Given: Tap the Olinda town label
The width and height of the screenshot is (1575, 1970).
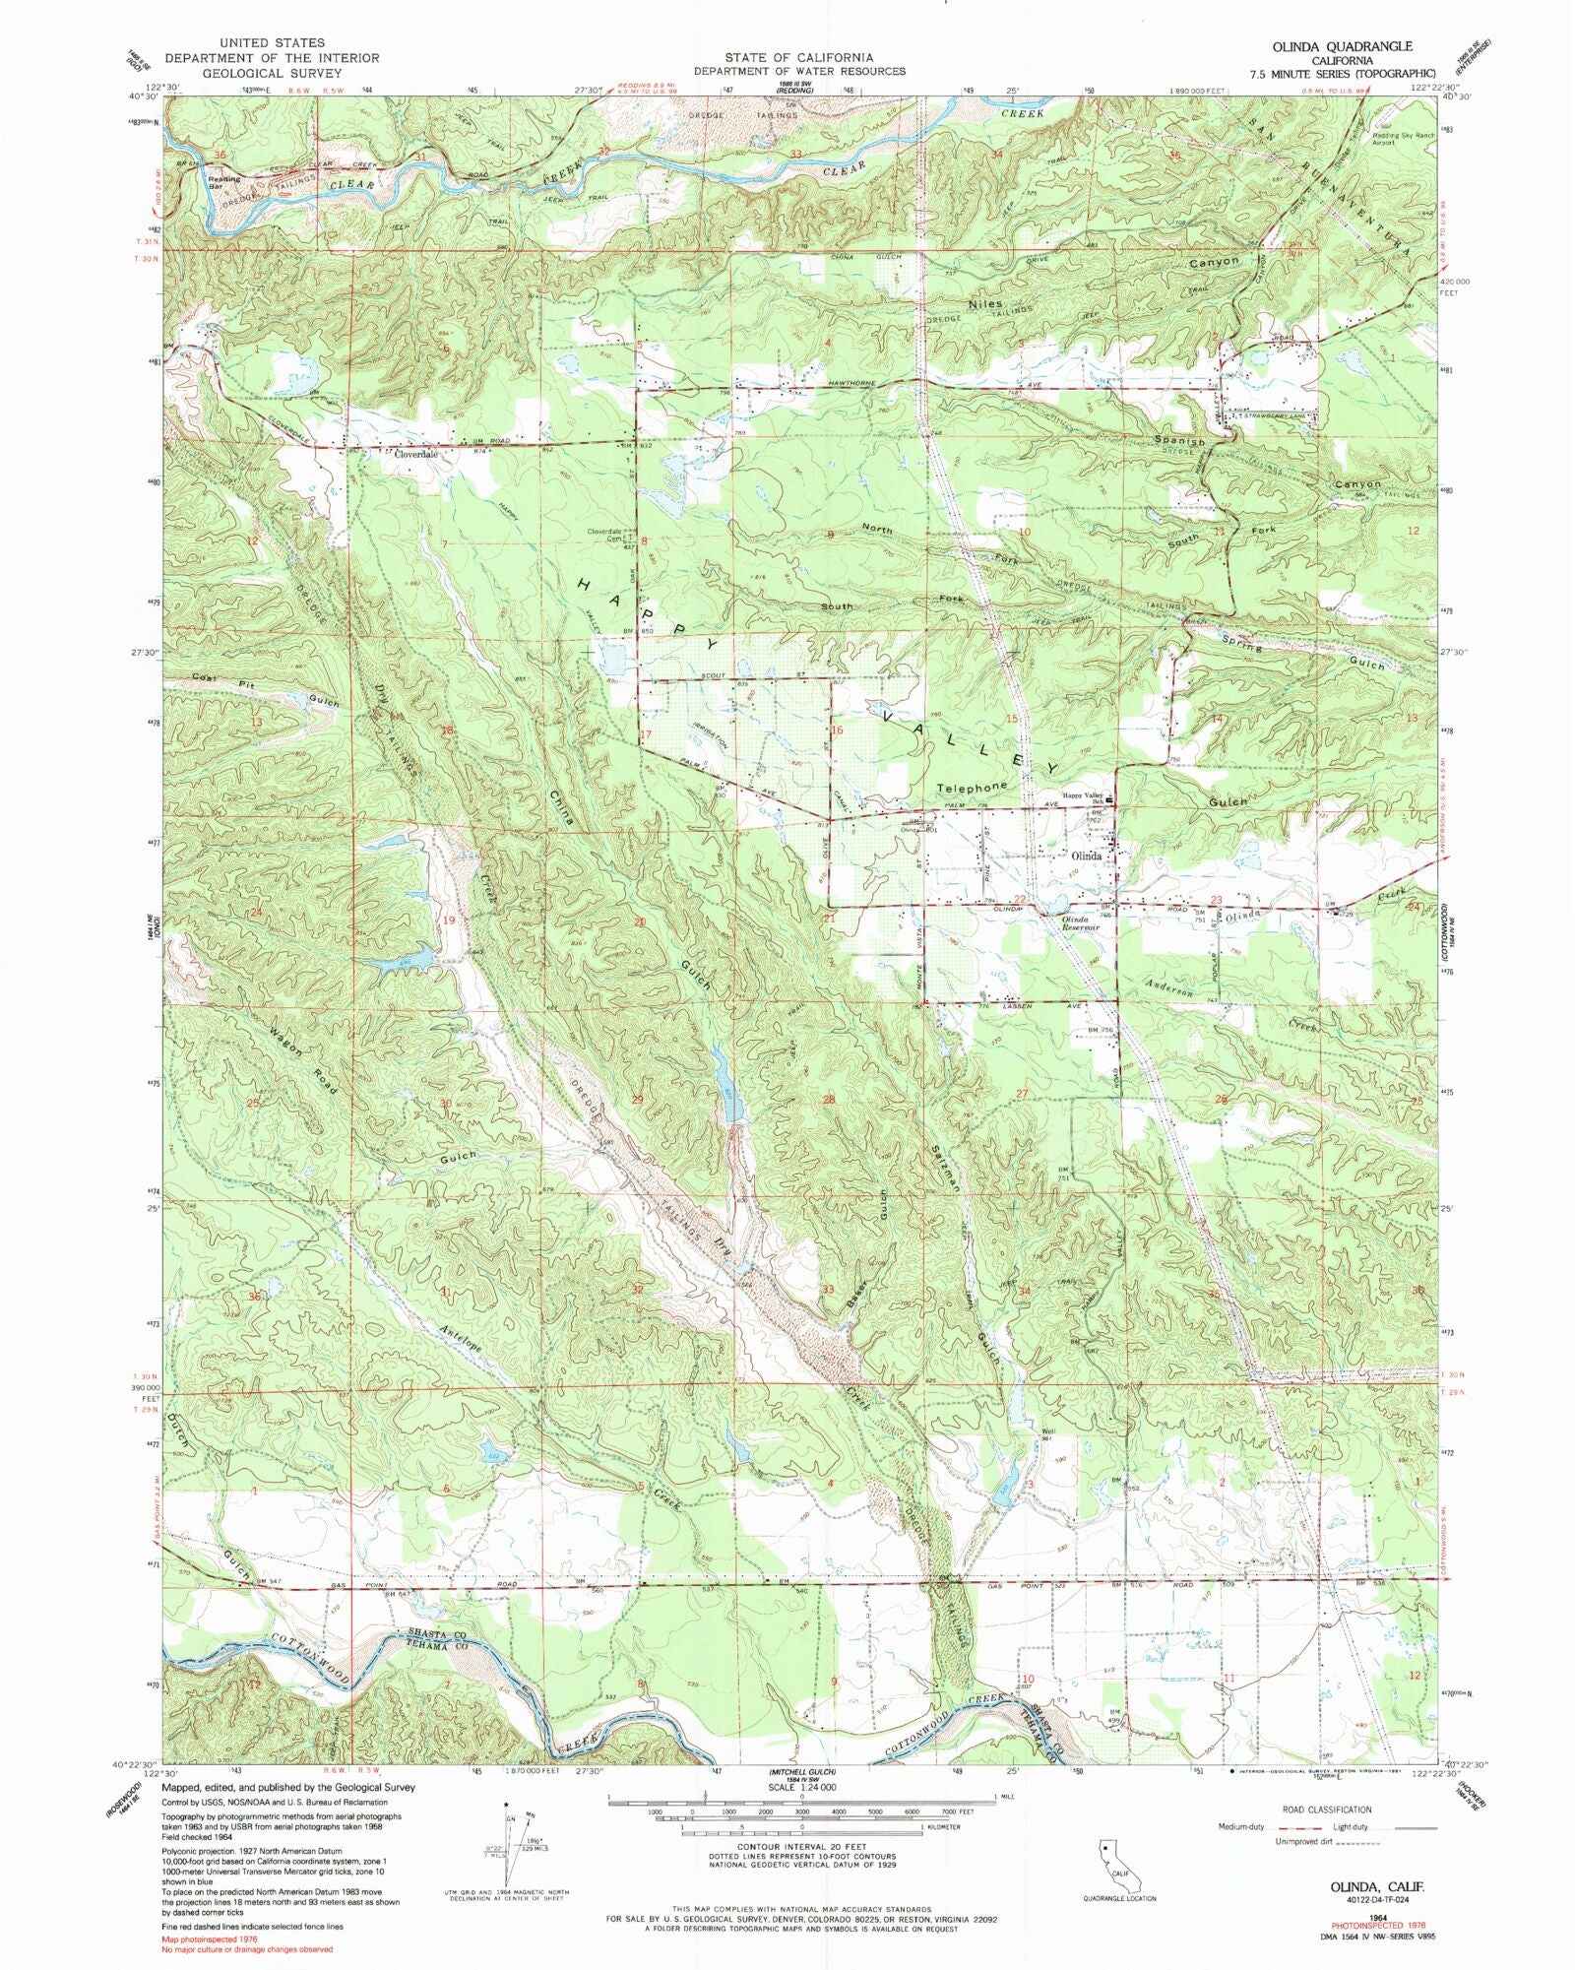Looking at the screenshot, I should (x=1092, y=856).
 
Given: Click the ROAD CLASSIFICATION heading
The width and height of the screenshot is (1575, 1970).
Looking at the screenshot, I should (x=1326, y=1810).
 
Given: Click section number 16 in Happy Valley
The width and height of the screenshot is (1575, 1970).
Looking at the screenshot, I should (x=838, y=731).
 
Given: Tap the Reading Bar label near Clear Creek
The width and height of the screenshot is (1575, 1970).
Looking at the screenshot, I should (x=224, y=182).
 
